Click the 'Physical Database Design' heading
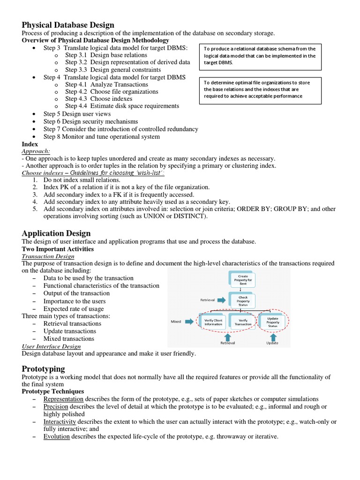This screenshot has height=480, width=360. (68, 25)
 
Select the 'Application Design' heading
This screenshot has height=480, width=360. (56, 233)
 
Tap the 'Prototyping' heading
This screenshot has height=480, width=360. (43, 369)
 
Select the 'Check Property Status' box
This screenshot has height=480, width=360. (243, 300)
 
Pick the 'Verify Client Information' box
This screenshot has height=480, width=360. (213, 322)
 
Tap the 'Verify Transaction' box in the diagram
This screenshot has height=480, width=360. (243, 322)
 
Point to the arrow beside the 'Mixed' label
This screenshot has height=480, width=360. (189, 322)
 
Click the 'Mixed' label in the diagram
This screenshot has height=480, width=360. (176, 322)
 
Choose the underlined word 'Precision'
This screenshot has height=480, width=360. (56, 406)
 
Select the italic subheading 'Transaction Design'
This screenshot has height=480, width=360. (48, 256)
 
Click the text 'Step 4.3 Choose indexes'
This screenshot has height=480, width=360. (98, 99)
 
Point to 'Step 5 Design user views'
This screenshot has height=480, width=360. (77, 114)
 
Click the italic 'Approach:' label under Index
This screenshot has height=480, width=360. (36, 151)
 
